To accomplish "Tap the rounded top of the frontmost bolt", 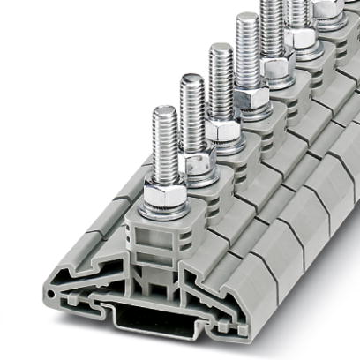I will click(x=164, y=110).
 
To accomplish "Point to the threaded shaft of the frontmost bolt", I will click(x=164, y=146).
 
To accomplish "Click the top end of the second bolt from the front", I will click(x=192, y=79).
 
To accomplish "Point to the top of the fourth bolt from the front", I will click(x=247, y=17).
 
